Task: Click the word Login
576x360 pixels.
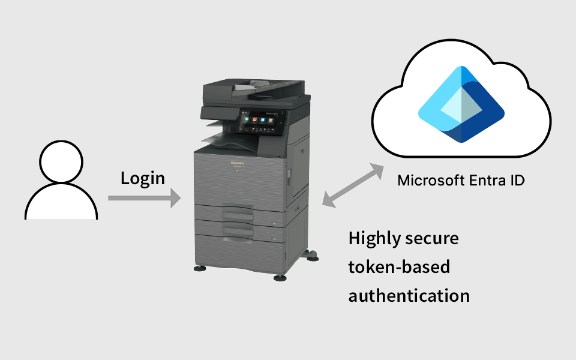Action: tap(143, 178)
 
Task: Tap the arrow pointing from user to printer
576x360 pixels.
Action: tap(144, 197)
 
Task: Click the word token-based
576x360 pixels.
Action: tap(399, 266)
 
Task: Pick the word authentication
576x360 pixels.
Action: tap(409, 295)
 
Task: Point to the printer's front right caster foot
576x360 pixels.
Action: tap(280, 277)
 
